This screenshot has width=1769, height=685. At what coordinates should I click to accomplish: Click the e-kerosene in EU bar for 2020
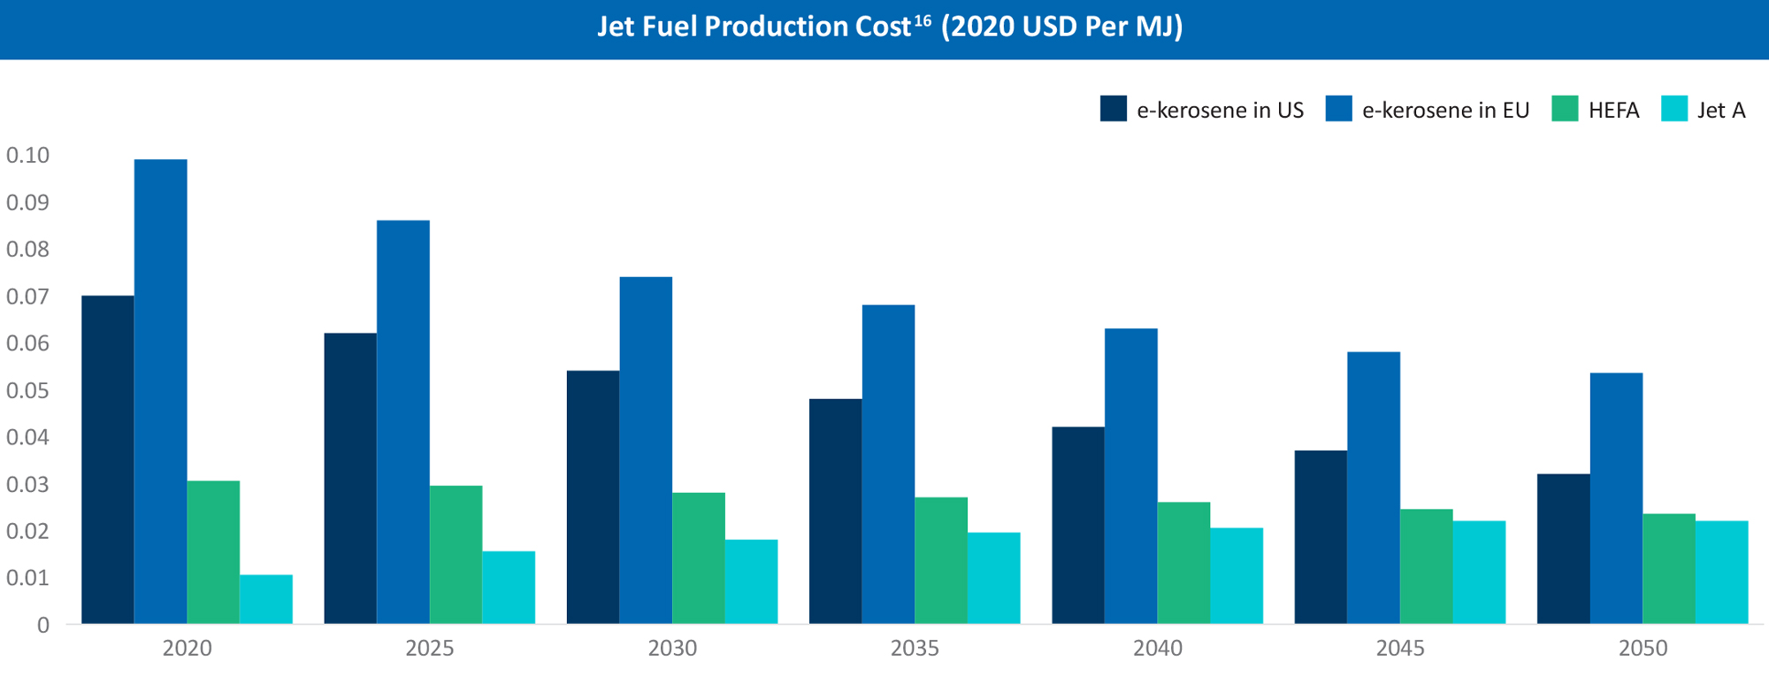(160, 391)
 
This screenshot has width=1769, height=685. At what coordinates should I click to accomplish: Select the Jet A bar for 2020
(265, 599)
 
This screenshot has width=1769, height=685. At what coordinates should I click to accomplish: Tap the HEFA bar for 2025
(456, 554)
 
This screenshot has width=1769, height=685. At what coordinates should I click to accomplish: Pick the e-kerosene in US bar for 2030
(593, 496)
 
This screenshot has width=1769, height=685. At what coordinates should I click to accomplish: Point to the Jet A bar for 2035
(993, 578)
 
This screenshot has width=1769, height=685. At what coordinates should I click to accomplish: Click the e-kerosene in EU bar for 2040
(1130, 476)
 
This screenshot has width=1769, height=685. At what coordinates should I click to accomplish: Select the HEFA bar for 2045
(1426, 566)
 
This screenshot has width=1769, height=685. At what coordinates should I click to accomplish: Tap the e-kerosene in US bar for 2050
(1563, 549)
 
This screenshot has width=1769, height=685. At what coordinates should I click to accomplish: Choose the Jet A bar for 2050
(1721, 572)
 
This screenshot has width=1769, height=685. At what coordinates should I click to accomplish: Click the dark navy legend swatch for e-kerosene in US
(1113, 109)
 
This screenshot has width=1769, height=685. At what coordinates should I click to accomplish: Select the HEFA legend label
(1613, 111)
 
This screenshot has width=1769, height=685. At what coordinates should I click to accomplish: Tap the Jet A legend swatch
(1674, 109)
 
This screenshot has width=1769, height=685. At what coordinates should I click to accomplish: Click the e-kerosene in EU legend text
(1445, 111)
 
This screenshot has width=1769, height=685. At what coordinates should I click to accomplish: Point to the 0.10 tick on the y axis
(28, 156)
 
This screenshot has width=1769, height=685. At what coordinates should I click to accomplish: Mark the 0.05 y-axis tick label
(28, 390)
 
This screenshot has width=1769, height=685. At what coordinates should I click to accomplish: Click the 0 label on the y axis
(42, 626)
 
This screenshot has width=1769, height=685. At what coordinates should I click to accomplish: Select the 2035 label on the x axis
(915, 649)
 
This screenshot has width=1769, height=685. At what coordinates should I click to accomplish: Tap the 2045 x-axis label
(1400, 649)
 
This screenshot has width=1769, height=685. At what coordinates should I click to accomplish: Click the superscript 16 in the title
(923, 19)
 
